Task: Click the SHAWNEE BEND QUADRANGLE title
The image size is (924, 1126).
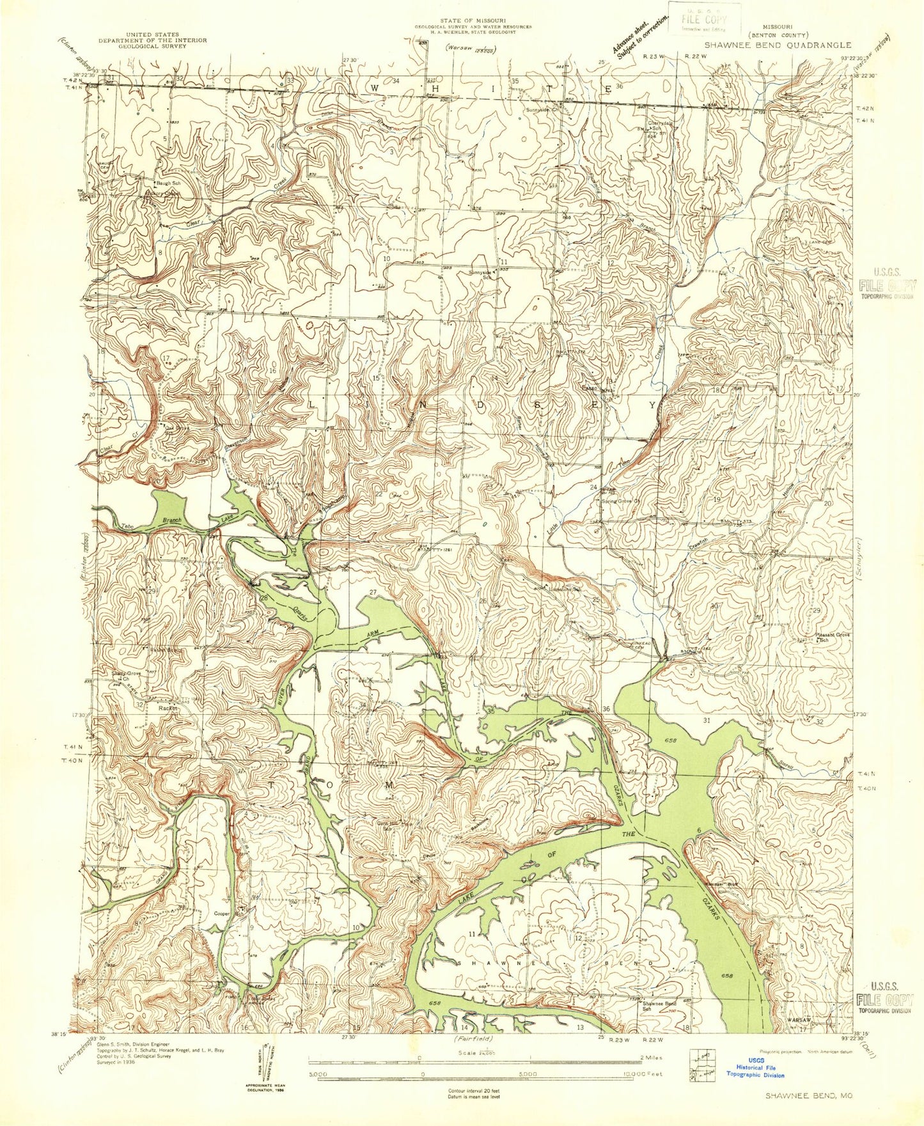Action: pyautogui.click(x=778, y=45)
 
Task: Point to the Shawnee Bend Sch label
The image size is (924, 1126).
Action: pyautogui.click(x=659, y=1006)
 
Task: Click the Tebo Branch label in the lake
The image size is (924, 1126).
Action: pyautogui.click(x=152, y=522)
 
